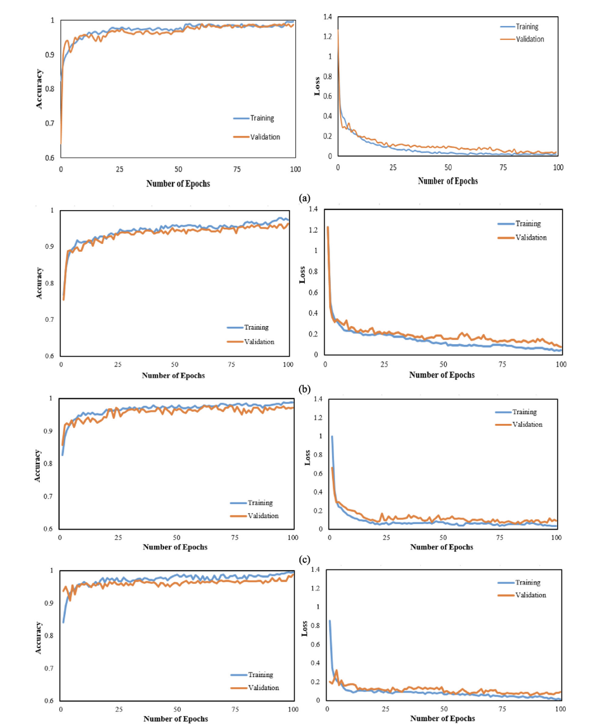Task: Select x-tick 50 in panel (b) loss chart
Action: pos(443,364)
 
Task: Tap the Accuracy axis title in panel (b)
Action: pos(39,282)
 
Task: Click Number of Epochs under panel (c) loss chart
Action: pos(443,547)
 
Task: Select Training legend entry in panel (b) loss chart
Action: pos(528,223)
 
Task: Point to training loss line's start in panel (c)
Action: pos(331,437)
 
